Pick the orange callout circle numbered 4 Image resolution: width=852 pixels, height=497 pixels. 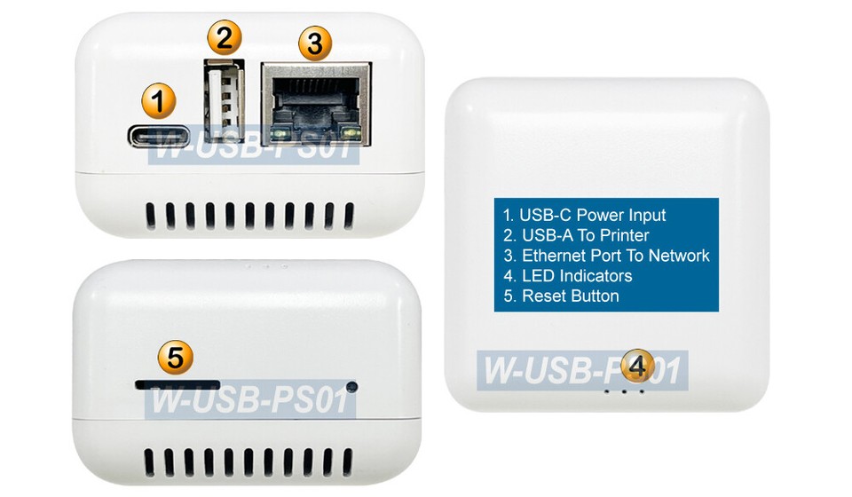(637, 365)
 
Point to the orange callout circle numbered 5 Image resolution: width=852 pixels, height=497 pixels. (176, 358)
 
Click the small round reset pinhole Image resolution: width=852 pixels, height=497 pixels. (352, 387)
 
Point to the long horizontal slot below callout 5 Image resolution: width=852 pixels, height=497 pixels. (177, 385)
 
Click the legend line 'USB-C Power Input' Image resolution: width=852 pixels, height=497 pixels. (584, 215)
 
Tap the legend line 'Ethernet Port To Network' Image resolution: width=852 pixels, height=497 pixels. (606, 256)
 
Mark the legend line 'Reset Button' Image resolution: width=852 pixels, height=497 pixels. (561, 296)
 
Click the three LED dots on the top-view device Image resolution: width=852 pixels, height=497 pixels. (624, 390)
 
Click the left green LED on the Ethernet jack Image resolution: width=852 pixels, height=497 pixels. (280, 134)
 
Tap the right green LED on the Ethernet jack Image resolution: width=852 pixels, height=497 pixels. (352, 134)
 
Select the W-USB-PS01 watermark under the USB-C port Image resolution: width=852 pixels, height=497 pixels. (253, 148)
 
